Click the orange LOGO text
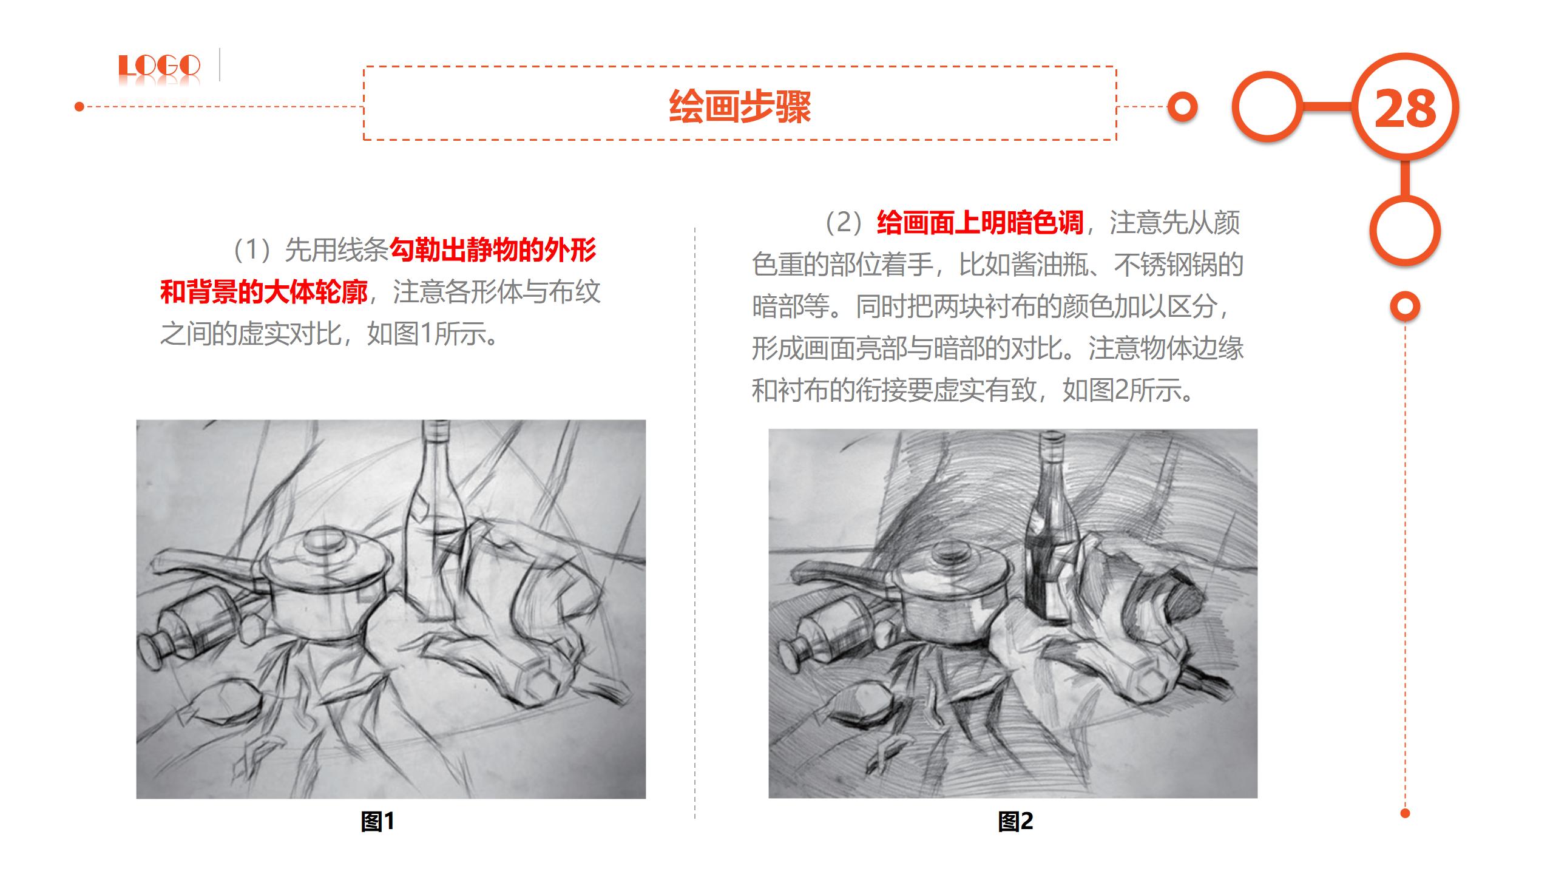point(159,66)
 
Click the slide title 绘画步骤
point(740,107)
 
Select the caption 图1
point(377,821)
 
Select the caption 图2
point(1015,821)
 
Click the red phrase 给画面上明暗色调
point(980,223)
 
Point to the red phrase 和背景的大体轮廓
point(264,292)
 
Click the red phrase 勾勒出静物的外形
point(493,250)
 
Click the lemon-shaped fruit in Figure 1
point(226,704)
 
